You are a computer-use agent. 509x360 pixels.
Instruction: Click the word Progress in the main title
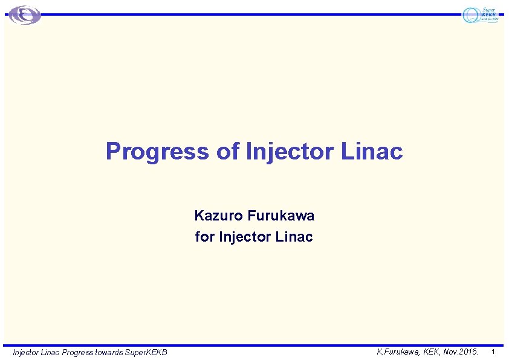[157, 151]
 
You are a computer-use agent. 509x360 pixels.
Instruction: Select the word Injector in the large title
[291, 151]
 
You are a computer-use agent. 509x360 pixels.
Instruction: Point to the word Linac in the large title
[372, 151]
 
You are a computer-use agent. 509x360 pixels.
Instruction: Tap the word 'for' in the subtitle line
[205, 237]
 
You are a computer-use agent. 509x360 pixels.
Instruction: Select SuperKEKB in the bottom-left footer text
[146, 352]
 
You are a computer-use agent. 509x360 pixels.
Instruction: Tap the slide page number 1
[493, 352]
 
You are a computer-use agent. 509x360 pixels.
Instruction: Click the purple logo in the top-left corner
[24, 15]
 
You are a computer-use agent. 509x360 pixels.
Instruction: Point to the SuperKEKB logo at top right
[480, 15]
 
